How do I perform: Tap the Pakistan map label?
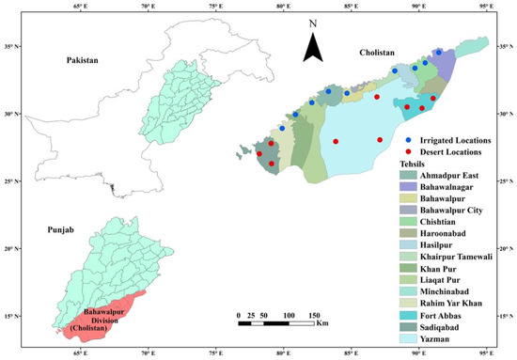(83, 60)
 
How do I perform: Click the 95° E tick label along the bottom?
(485, 353)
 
